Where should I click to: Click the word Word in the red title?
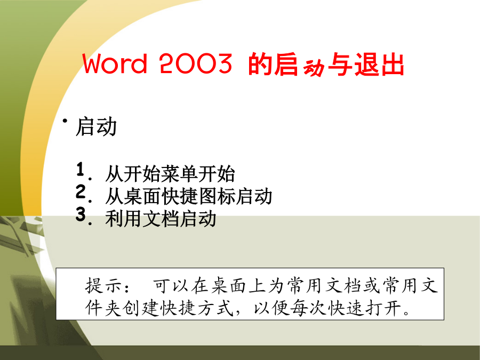tap(115, 63)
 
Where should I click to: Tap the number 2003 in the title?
tap(195, 63)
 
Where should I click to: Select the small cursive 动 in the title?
tap(313, 68)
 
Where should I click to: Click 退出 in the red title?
tap(379, 65)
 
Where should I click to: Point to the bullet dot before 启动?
tap(65, 121)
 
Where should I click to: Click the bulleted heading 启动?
tap(96, 126)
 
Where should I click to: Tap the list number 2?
tap(81, 191)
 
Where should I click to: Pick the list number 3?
tap(81, 214)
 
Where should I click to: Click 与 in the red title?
tap(340, 65)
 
